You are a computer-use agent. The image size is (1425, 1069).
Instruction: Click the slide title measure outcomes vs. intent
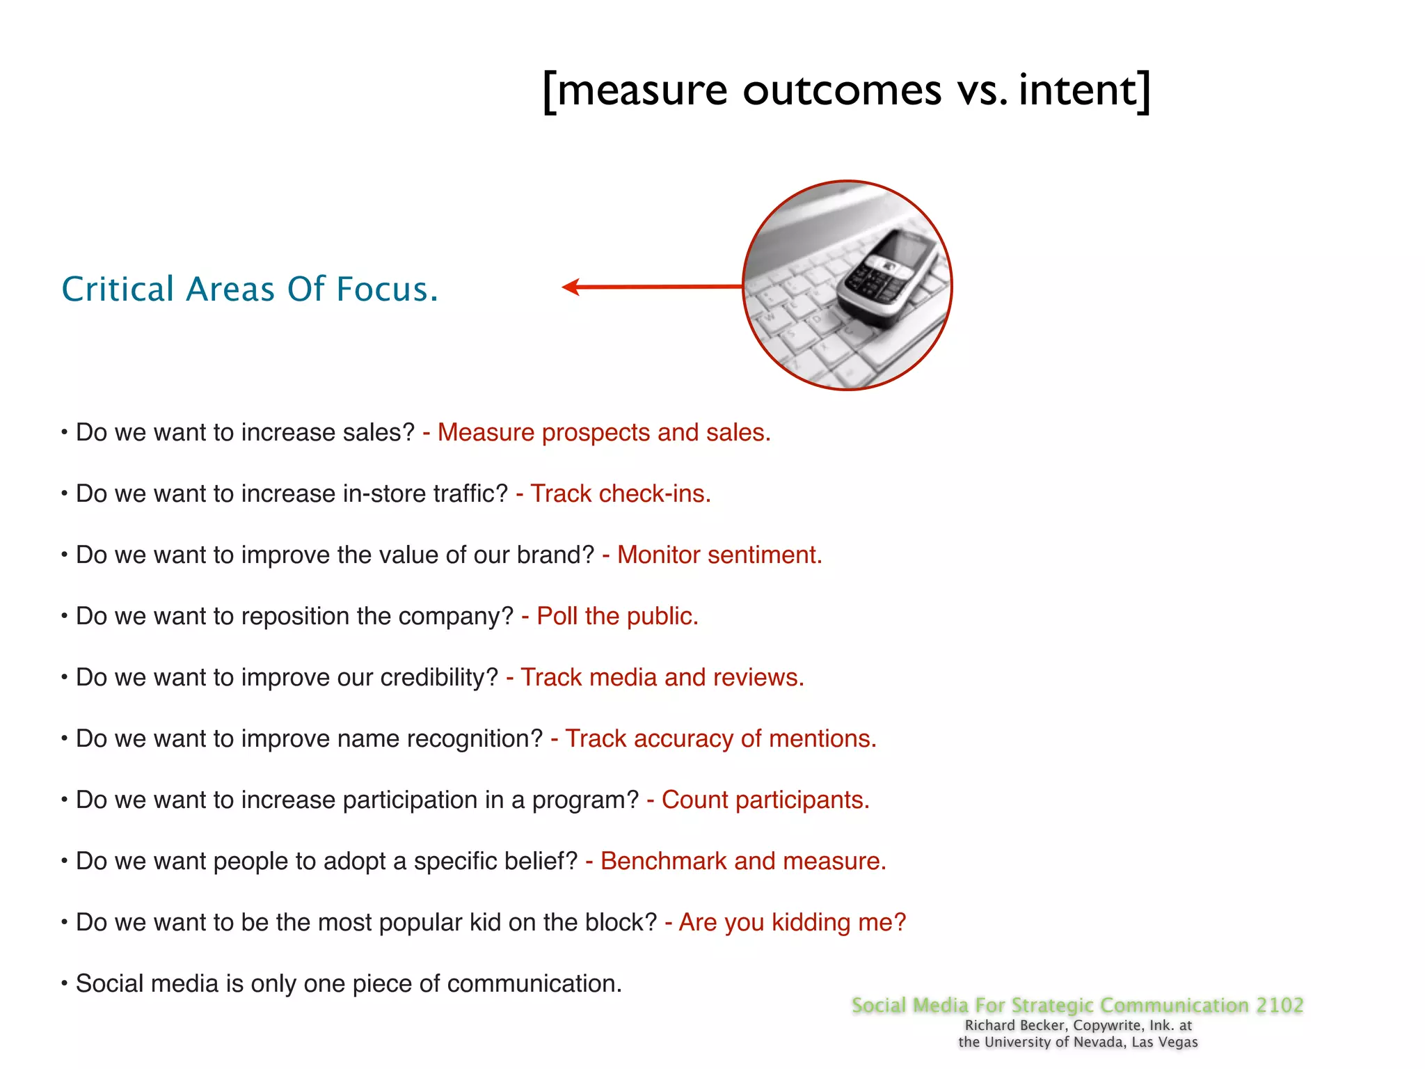(x=846, y=90)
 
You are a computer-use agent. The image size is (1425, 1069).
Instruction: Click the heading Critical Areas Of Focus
(x=250, y=289)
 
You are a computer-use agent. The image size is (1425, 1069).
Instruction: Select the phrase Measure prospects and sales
(x=603, y=432)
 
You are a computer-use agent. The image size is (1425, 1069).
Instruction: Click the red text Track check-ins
(x=620, y=493)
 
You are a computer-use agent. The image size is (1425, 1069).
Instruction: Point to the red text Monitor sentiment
(x=719, y=555)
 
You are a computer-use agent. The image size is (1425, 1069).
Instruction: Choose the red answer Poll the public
(x=617, y=616)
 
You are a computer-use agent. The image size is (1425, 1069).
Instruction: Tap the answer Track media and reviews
(x=662, y=677)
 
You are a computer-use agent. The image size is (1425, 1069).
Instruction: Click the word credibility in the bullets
(x=439, y=677)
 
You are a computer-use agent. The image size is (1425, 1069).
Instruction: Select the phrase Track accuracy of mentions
(x=720, y=738)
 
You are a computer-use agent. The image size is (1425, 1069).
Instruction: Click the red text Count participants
(x=765, y=800)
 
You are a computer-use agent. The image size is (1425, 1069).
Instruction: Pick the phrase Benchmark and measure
(x=742, y=861)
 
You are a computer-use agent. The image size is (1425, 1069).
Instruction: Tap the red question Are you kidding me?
(x=792, y=922)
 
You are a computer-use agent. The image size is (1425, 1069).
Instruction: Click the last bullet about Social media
(x=348, y=983)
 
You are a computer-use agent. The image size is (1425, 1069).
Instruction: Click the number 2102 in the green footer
(x=1279, y=1005)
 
